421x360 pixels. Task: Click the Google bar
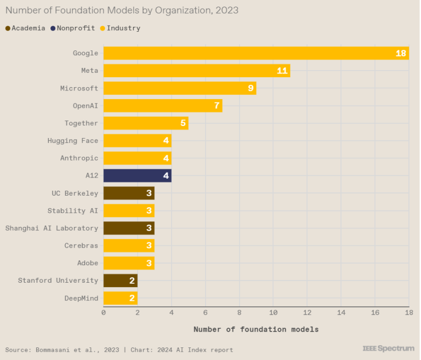[256, 53]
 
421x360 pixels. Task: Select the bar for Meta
[196, 71]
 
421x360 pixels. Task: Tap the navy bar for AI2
[137, 176]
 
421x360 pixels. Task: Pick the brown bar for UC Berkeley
[129, 193]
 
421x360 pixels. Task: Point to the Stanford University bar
[120, 281]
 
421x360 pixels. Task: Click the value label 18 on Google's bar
[401, 53]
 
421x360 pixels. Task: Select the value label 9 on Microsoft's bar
[251, 88]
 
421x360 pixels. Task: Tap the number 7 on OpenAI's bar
[217, 106]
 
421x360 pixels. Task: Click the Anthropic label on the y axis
[79, 158]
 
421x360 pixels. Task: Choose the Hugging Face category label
[72, 141]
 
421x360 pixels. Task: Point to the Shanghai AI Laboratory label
[52, 228]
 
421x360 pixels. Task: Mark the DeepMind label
[81, 298]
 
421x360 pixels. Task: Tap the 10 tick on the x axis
[273, 312]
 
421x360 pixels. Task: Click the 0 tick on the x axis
[104, 312]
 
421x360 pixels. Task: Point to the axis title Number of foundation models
[256, 329]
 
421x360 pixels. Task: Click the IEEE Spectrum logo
[388, 348]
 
